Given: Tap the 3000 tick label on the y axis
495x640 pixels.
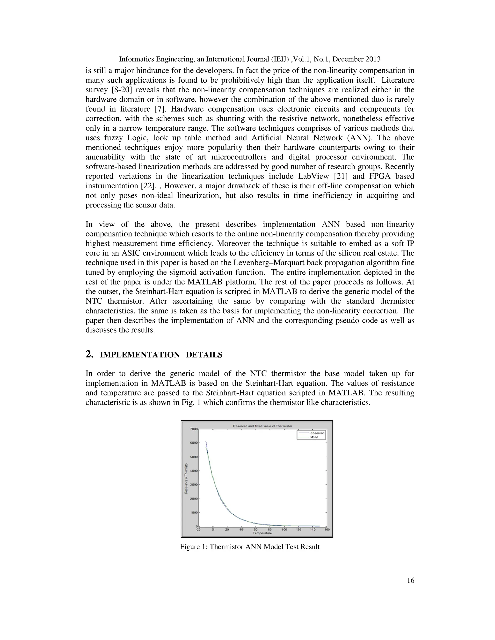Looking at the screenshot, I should click(x=194, y=484).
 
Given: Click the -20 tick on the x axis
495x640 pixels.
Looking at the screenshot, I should click(x=198, y=530).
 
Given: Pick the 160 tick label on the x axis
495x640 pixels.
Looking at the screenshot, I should click(x=327, y=530).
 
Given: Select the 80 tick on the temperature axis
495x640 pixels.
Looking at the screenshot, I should click(x=269, y=530).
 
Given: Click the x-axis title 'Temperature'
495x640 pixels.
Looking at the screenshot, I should click(x=262, y=533).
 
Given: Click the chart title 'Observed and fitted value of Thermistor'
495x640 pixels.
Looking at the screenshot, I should click(x=262, y=426).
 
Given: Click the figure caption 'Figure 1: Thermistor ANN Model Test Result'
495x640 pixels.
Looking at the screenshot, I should click(x=249, y=547).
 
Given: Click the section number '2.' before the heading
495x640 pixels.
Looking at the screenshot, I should click(x=89, y=354).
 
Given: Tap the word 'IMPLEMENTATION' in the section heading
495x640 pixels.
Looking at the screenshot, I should click(x=140, y=355).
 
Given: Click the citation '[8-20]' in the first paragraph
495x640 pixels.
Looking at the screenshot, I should click(x=121, y=90).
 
